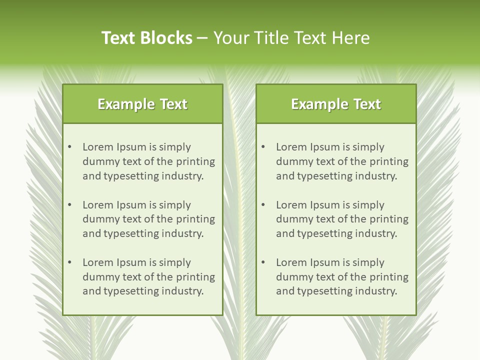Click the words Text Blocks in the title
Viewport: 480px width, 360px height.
click(147, 38)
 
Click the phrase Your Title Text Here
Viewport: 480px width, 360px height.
click(291, 38)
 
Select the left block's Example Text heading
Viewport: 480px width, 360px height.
click(142, 104)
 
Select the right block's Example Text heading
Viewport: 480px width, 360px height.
click(336, 104)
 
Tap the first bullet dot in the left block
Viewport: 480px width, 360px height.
click(69, 147)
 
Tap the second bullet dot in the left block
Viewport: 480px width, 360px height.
click(69, 205)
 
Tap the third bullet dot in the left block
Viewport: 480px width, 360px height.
click(69, 262)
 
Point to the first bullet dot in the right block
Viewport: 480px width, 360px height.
click(263, 147)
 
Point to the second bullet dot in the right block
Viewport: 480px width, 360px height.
click(263, 205)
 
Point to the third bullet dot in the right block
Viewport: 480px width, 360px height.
click(263, 262)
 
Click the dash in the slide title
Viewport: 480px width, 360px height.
click(203, 38)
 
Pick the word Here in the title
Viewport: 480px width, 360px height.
click(353, 38)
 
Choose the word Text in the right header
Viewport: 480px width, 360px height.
click(367, 104)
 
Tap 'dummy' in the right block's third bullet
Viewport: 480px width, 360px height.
click(293, 277)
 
